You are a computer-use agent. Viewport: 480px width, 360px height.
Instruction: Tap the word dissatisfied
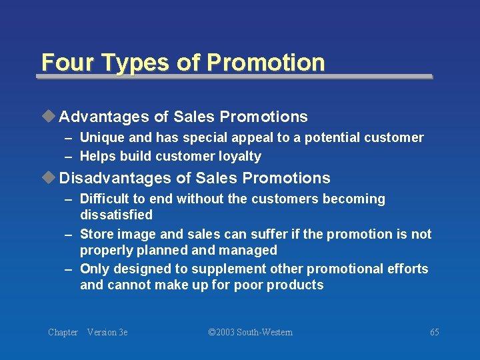pos(116,215)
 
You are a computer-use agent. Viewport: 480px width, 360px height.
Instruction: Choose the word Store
pos(95,234)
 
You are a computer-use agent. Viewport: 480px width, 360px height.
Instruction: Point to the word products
pos(295,285)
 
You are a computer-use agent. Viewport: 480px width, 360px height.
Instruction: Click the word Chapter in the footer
pos(63,332)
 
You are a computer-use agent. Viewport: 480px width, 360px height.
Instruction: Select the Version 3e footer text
pos(107,332)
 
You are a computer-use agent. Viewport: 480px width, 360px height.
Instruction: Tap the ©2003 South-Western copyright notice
pos(250,332)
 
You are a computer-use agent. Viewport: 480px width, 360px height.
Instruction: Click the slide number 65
pos(435,332)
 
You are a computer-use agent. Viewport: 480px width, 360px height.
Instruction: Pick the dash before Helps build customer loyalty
pos(69,157)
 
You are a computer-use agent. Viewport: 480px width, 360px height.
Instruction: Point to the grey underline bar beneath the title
pos(234,77)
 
